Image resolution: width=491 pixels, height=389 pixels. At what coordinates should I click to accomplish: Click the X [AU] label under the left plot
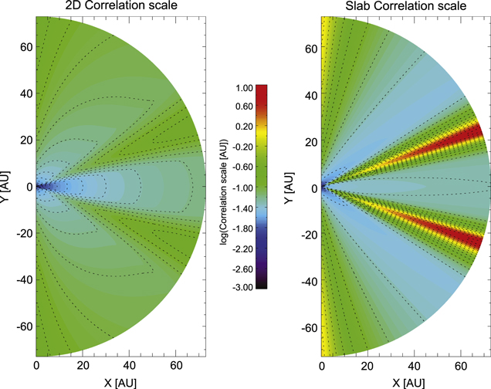[x=120, y=381]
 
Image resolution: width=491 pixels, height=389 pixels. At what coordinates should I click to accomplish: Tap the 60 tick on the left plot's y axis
[x=23, y=47]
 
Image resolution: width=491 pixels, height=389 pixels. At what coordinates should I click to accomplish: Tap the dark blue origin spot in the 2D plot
[x=42, y=187]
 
